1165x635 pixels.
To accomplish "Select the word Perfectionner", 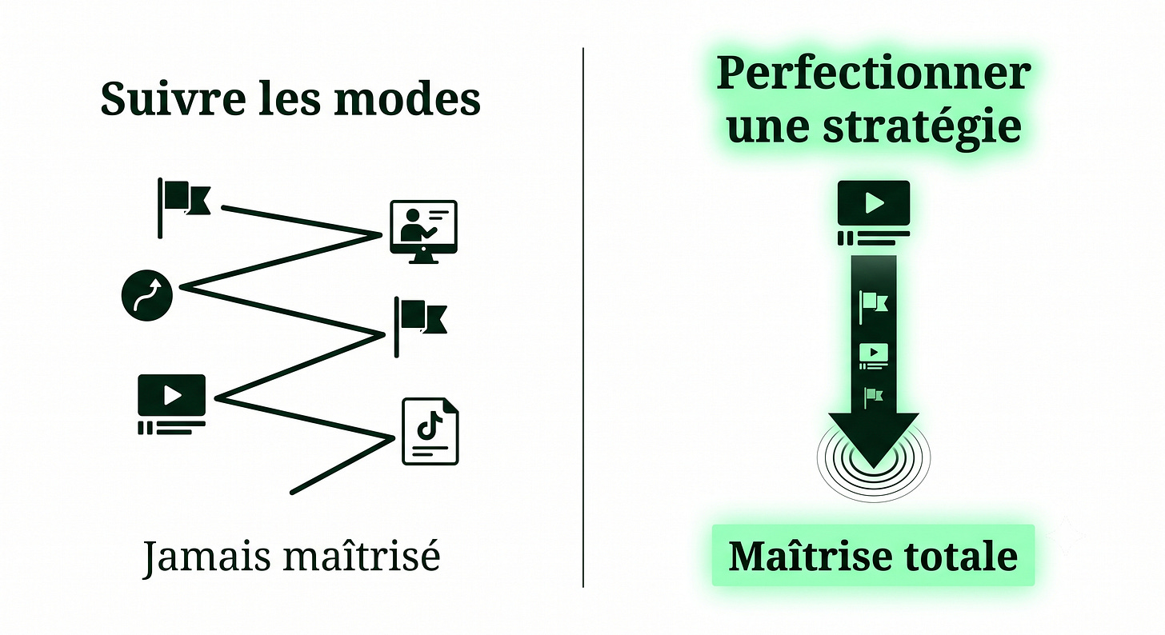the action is (x=873, y=74).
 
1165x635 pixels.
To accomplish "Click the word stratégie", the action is (x=922, y=126).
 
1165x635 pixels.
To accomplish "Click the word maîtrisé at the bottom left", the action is (x=362, y=555).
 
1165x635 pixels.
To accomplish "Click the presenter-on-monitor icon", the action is (x=424, y=232).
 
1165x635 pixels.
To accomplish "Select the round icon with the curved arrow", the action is (x=147, y=295).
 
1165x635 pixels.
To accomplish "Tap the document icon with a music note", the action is (x=430, y=431).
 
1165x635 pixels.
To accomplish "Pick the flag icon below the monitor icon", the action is (x=421, y=327).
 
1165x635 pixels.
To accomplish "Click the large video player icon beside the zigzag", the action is (x=171, y=405).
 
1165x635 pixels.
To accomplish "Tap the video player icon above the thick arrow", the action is (x=874, y=213).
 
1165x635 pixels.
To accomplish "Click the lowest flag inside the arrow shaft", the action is (x=873, y=398).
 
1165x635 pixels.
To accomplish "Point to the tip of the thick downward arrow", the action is (x=874, y=468).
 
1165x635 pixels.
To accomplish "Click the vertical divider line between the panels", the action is (x=583, y=317).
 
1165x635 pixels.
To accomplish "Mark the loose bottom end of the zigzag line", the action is (x=292, y=492).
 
